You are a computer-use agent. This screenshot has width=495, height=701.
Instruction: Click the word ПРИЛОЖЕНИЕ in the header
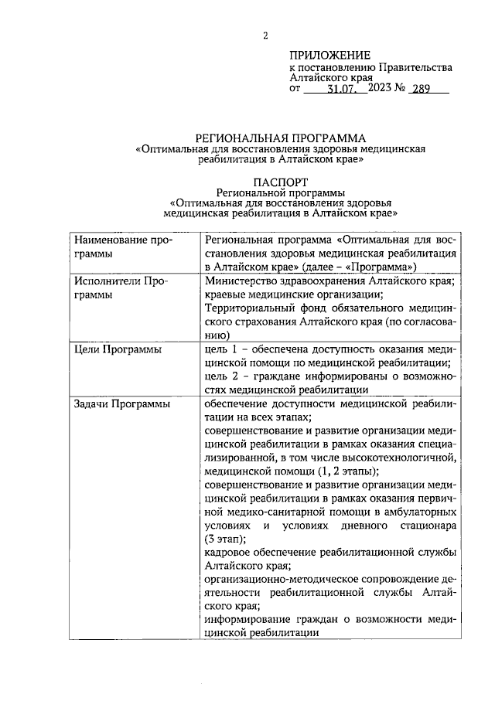330,55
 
